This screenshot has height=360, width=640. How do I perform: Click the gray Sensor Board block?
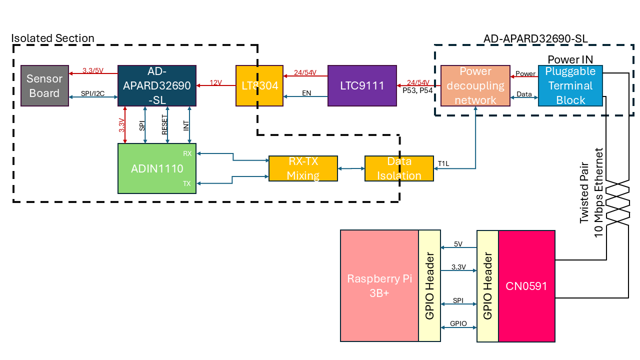click(x=44, y=85)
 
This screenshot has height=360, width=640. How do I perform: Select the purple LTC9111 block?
click(x=362, y=85)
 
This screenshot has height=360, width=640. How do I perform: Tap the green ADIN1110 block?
click(x=157, y=168)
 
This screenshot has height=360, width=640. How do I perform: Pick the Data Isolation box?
click(x=399, y=168)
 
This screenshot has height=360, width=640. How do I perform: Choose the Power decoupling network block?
click(x=475, y=85)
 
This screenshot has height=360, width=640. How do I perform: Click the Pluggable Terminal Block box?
click(x=570, y=85)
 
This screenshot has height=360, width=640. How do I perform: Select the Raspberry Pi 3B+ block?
click(x=379, y=286)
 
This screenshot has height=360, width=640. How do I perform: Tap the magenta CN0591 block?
click(x=527, y=286)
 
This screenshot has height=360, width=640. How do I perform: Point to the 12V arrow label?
click(x=215, y=82)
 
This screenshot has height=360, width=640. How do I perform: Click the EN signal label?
click(x=306, y=93)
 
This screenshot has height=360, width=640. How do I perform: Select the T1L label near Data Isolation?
click(x=443, y=163)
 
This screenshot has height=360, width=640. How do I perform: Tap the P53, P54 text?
click(x=417, y=90)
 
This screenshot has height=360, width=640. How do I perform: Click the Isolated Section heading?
click(x=52, y=38)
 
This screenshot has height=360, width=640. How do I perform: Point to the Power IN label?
click(x=570, y=60)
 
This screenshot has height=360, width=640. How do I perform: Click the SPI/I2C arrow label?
click(x=92, y=93)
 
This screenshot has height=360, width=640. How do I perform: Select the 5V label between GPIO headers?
click(x=458, y=244)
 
